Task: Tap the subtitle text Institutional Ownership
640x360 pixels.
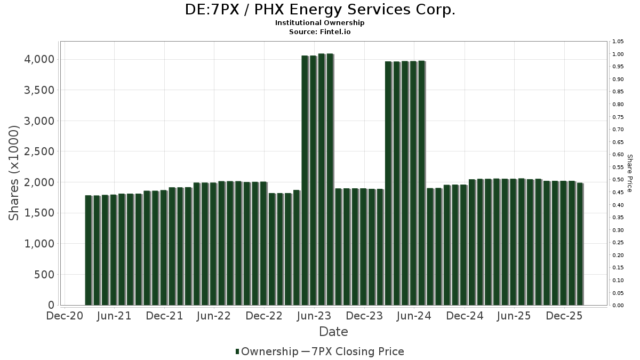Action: click(319, 23)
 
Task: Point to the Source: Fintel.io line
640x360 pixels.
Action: click(319, 31)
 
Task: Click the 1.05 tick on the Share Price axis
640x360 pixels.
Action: click(618, 42)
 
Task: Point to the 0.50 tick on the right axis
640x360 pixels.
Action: click(618, 180)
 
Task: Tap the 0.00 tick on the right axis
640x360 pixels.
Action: click(618, 306)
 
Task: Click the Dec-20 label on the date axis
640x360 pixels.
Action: click(65, 316)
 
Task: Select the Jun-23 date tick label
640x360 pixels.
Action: click(314, 316)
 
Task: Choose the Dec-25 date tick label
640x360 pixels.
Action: click(564, 316)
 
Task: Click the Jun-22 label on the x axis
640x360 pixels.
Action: click(214, 316)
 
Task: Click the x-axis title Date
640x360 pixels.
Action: click(333, 332)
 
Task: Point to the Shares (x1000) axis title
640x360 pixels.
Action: click(14, 173)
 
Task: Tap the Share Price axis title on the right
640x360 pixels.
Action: click(629, 173)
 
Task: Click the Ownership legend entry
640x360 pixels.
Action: click(267, 351)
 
